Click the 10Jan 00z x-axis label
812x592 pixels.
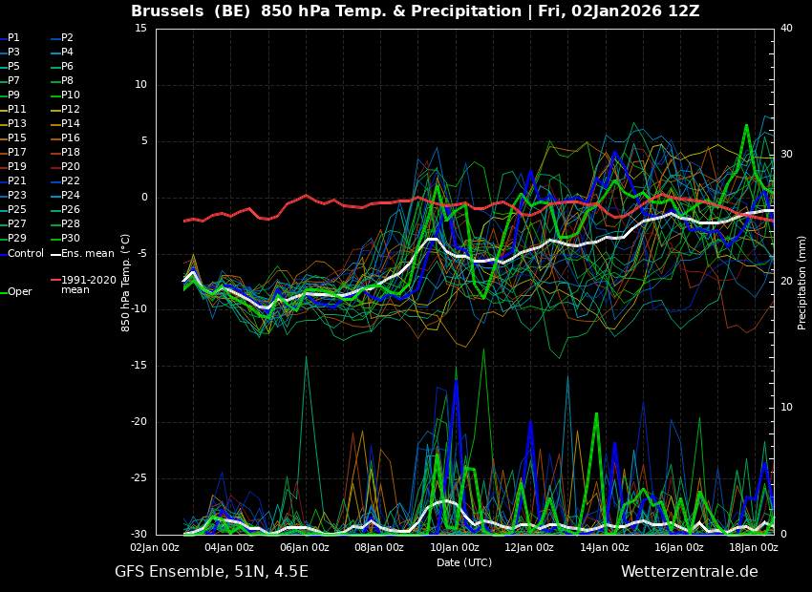coord(454,547)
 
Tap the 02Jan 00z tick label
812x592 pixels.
coord(155,547)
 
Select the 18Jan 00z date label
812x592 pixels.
coord(754,547)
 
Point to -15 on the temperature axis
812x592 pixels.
coord(139,366)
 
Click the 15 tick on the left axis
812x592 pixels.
coord(141,29)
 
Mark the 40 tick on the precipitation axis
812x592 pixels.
coord(786,29)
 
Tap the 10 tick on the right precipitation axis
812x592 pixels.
coord(786,408)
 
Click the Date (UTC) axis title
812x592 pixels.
coord(464,562)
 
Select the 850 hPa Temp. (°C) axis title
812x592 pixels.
coord(126,283)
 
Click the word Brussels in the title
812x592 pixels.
coord(167,11)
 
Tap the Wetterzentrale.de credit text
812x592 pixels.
coord(690,572)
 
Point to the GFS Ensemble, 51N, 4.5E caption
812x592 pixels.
coord(211,572)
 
